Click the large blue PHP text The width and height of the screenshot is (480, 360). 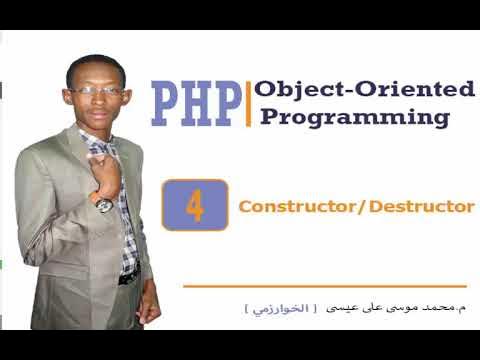[196, 104]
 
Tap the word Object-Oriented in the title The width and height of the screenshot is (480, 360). [364, 89]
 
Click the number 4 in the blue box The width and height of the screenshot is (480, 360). [195, 206]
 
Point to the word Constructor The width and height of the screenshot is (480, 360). [299, 207]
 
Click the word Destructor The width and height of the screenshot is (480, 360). [421, 207]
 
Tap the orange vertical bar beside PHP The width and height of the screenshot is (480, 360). [247, 103]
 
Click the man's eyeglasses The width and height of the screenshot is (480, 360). [97, 91]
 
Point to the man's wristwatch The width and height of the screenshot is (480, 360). [104, 203]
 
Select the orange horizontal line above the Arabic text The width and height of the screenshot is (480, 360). [325, 287]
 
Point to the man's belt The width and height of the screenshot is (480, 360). [128, 277]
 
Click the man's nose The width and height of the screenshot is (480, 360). [100, 100]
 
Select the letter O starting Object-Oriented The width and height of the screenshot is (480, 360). [264, 89]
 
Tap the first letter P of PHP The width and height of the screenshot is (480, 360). [166, 104]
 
